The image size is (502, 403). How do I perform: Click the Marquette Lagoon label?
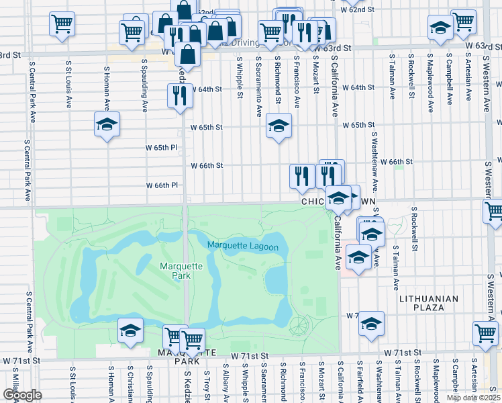pos(242,247)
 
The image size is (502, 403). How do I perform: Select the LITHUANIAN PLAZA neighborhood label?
pos(428,303)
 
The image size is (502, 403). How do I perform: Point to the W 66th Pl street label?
pos(162,185)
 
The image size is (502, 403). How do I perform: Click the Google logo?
pos(22,395)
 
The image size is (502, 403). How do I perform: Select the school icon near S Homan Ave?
pos(107,125)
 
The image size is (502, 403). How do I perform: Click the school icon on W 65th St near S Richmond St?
pos(279,125)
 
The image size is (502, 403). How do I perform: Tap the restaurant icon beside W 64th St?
pos(180,96)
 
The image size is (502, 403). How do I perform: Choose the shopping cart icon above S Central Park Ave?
pos(61,25)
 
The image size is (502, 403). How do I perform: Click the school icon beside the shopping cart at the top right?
pos(440,28)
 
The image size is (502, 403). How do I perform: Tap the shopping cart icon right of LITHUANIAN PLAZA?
pos(485,333)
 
